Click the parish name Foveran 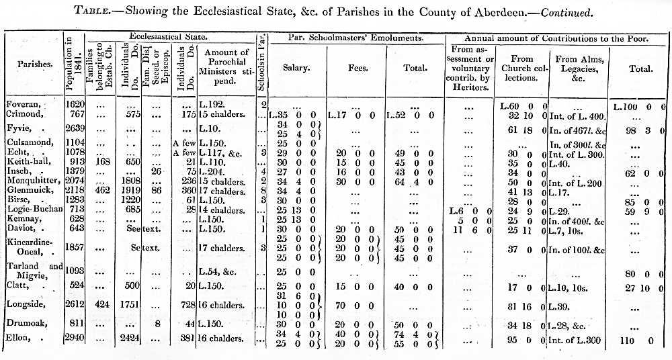point(24,105)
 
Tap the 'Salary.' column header point(296,67)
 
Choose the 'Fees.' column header point(357,67)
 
